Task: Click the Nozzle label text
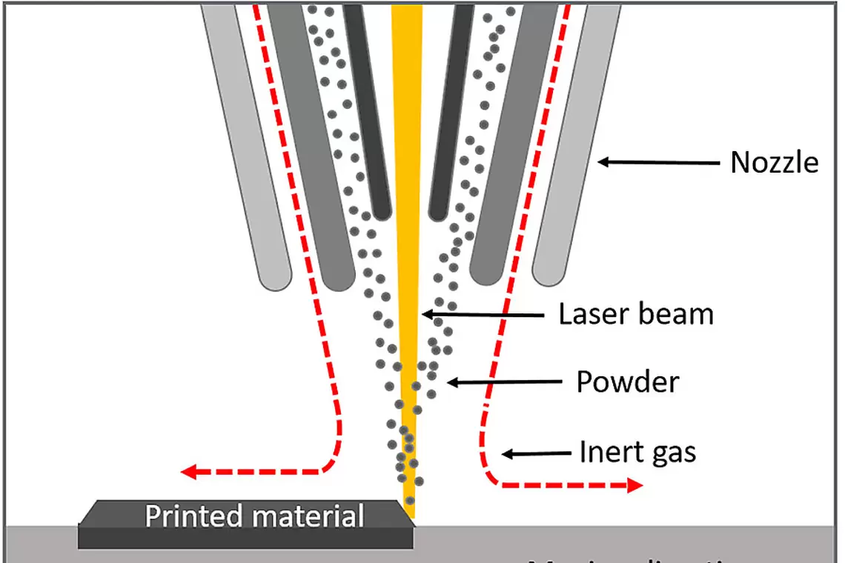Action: (x=775, y=162)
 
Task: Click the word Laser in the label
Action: (x=589, y=314)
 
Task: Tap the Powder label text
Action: (x=627, y=382)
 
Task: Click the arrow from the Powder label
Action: (x=504, y=382)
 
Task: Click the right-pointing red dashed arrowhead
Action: (x=634, y=486)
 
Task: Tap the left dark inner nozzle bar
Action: (x=366, y=111)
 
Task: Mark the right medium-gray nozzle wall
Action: (x=511, y=141)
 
